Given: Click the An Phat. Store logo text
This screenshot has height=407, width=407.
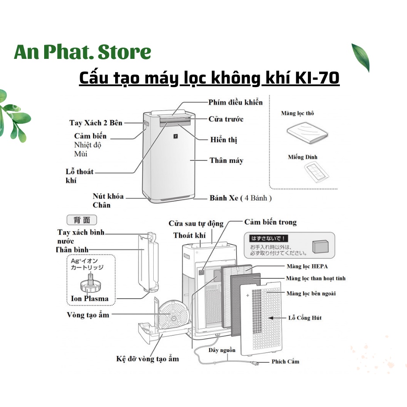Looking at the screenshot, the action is [82, 52].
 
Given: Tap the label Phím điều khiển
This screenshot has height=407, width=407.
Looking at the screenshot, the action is [235, 102].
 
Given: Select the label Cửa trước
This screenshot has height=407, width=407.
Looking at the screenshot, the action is [226, 119].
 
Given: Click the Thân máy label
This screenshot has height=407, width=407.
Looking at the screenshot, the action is [226, 161].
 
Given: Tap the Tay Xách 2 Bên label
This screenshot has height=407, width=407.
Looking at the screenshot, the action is [96, 123].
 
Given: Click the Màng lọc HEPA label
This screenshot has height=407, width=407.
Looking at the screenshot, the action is [307, 266].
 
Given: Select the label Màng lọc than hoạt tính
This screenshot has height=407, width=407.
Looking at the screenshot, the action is [316, 278].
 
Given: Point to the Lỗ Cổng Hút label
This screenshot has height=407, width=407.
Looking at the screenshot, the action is [305, 318].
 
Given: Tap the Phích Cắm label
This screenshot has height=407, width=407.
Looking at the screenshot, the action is [285, 361].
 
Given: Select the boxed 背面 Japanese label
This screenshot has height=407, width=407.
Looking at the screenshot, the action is [81, 220].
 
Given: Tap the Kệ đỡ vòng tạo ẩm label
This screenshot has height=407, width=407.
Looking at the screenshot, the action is [147, 359].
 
